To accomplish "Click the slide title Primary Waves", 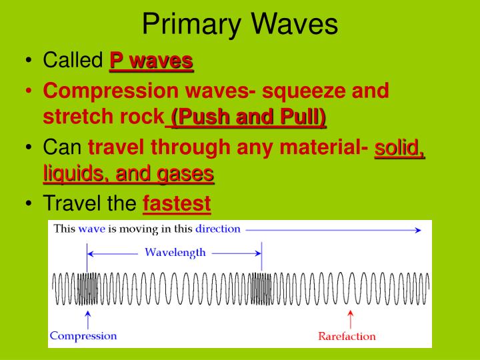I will click(240, 25).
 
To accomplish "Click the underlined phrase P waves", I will click(151, 61).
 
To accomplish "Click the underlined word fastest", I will click(177, 203).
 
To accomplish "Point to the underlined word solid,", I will click(400, 146).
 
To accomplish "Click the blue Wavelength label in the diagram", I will click(175, 253).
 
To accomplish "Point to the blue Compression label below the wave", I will click(83, 336).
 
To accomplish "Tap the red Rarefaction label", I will click(347, 336).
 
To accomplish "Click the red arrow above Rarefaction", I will click(351, 319).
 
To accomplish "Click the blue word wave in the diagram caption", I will click(91, 229).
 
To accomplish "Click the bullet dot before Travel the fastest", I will click(29, 203).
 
